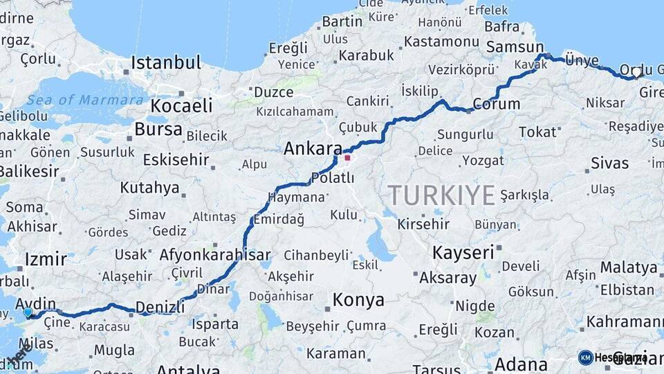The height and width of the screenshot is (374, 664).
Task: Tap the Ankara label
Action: click(313, 149)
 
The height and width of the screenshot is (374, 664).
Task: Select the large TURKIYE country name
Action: click(441, 195)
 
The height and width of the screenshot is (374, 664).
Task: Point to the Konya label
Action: click(358, 301)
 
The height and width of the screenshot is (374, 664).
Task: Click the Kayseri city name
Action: click(463, 253)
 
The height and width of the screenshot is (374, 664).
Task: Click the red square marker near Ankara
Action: click(347, 158)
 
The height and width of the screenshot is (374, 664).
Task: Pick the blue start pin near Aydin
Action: click(28, 312)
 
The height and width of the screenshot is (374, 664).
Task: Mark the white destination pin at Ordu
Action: click(636, 72)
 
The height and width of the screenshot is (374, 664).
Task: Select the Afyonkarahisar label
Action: click(215, 255)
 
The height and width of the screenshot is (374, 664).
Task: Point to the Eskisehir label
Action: click(176, 160)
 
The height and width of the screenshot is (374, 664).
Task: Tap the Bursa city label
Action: click(158, 129)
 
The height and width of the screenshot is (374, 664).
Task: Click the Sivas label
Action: click(610, 163)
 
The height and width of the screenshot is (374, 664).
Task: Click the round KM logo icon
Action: click(585, 357)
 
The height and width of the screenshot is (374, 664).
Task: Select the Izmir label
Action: click(46, 260)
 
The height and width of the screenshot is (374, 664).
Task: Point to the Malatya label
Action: click(629, 267)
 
